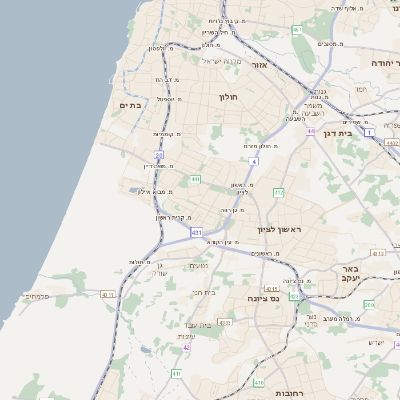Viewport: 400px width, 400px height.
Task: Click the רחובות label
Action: [x=292, y=393]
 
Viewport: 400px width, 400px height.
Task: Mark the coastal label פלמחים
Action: [x=36, y=296]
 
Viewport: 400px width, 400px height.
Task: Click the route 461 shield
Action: [x=297, y=30]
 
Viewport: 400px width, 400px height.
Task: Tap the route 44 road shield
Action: [x=311, y=131]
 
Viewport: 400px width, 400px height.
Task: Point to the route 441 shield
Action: [x=196, y=180]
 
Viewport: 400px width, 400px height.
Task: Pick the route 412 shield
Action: [x=279, y=191]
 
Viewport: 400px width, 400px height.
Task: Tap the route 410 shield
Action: [x=259, y=382]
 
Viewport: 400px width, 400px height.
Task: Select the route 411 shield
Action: [x=176, y=373]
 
